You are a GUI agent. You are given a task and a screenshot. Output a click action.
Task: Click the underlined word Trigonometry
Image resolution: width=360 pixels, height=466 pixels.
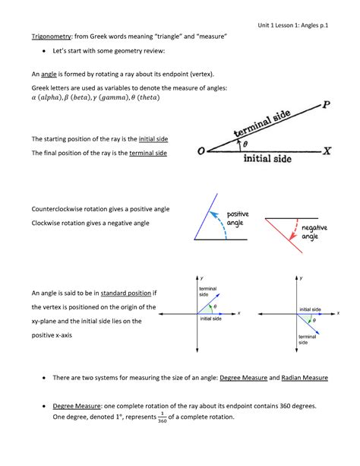(52, 36)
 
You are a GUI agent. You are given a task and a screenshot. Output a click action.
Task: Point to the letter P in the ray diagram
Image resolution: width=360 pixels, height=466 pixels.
(326, 106)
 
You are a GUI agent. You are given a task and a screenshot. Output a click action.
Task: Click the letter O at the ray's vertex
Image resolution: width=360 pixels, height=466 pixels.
(201, 151)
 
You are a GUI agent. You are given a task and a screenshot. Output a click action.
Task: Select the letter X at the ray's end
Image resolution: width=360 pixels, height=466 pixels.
(327, 151)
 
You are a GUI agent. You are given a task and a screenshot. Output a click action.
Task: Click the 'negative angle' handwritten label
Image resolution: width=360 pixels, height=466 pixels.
(315, 233)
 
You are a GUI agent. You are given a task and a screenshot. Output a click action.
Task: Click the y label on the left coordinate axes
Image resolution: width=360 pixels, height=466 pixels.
(201, 279)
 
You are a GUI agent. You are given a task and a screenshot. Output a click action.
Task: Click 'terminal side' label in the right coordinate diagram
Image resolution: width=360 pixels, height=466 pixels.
(307, 339)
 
